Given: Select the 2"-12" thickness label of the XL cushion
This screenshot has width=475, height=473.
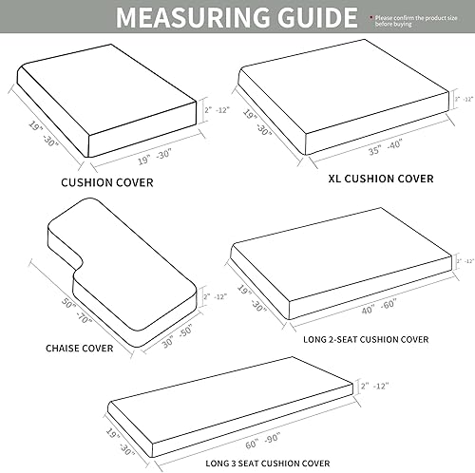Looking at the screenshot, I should tap(464, 99).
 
